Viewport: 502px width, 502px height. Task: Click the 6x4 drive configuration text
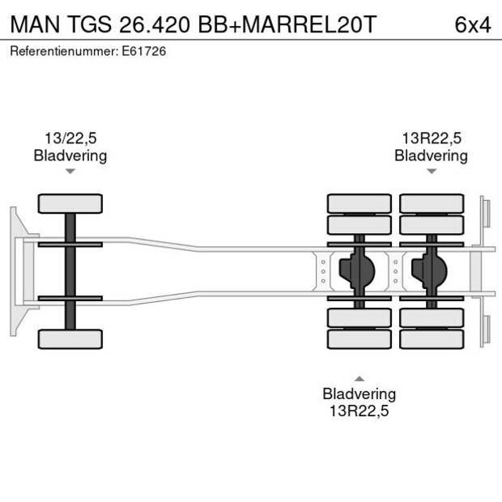[473, 24]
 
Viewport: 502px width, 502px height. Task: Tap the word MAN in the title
[32, 24]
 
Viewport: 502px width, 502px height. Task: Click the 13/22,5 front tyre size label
[70, 138]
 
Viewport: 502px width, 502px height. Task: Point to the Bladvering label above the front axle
[70, 155]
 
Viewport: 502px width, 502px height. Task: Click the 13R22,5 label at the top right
[431, 138]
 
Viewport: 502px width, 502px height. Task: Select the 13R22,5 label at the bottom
[359, 411]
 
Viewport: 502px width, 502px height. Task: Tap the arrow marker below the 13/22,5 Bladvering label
[70, 171]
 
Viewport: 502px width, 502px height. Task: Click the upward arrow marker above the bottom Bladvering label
[359, 378]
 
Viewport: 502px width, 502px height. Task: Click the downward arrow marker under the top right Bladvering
[431, 171]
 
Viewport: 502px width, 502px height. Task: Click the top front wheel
[70, 203]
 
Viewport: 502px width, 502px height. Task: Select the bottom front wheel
[70, 338]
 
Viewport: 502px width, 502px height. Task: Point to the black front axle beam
[70, 271]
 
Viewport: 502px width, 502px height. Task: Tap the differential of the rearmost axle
[430, 271]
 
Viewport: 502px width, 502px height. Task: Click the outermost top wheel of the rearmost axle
[431, 203]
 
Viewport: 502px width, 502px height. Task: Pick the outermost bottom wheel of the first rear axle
[359, 338]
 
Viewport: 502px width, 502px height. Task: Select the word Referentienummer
[62, 51]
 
